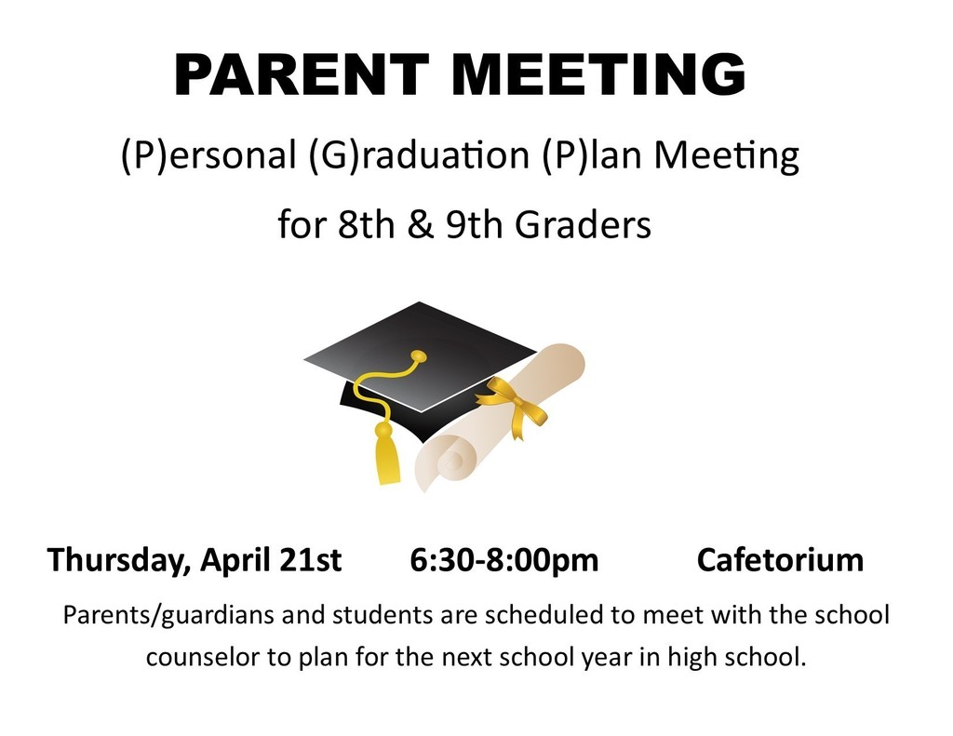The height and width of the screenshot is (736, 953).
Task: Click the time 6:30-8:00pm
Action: pos(503,561)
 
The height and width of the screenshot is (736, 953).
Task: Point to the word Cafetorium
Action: pos(780,560)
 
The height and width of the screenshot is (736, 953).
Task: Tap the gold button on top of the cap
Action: pos(419,355)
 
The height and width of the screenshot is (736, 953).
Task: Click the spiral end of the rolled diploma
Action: pos(450,455)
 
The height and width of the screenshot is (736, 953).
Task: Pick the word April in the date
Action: pos(236,561)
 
